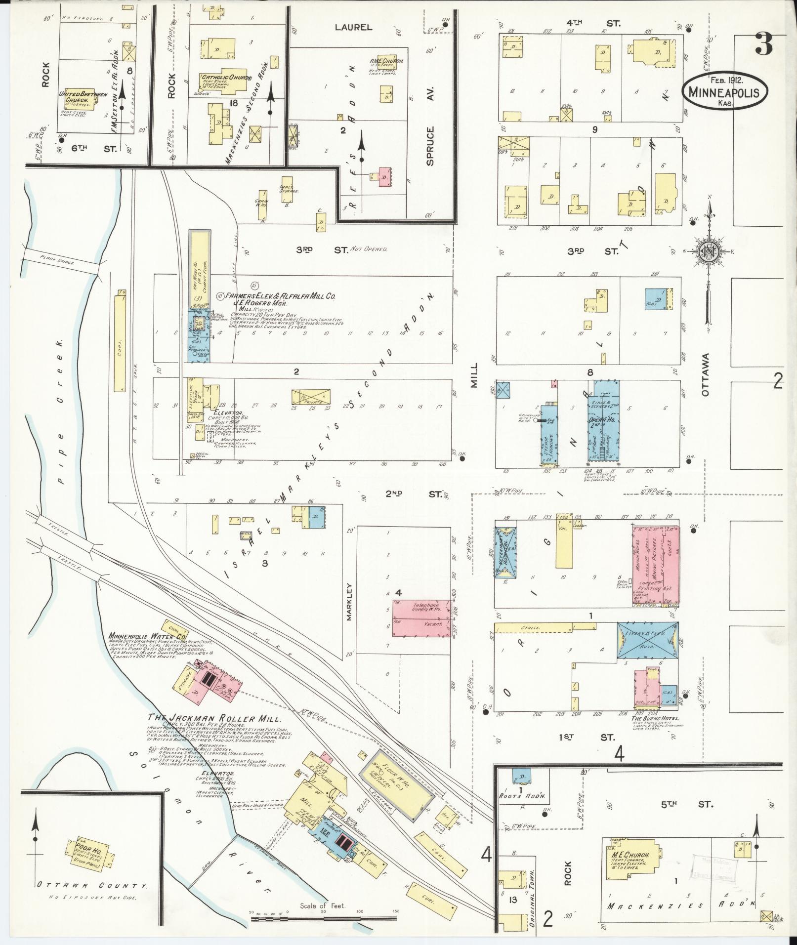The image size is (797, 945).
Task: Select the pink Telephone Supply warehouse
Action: pos(421,615)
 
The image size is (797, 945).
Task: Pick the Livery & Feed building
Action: pos(647,640)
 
